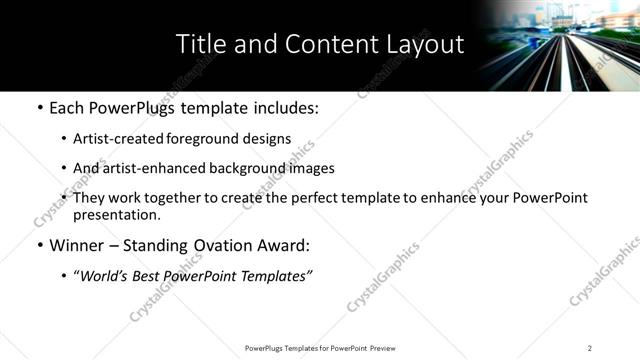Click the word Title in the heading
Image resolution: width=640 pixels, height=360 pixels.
200,45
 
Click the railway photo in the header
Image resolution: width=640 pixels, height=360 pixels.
560,45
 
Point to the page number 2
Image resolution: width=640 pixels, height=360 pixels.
589,348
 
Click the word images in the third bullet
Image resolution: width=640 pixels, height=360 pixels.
311,168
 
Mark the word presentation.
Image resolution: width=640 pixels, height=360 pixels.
116,214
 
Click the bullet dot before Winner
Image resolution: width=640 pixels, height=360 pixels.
39,245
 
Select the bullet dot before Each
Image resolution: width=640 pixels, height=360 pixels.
39,108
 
